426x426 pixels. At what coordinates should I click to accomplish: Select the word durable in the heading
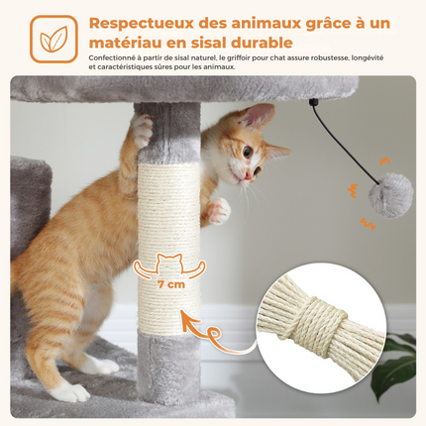point(260,44)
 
